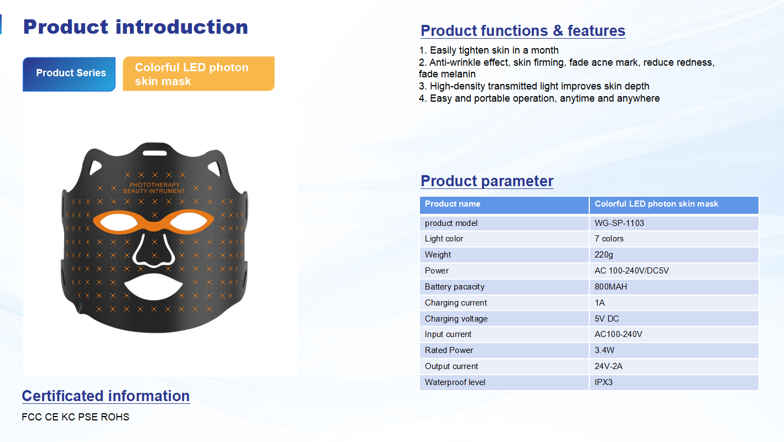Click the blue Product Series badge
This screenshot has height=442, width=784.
tap(69, 74)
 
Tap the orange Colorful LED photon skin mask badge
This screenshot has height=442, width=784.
tap(199, 73)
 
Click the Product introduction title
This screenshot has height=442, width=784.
tap(136, 27)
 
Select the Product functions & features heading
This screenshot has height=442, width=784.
tap(523, 31)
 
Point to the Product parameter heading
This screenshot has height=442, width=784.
tap(487, 181)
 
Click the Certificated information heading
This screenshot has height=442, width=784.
tap(106, 396)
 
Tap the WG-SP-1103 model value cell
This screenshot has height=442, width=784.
tap(674, 223)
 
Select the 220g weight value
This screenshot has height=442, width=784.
tap(604, 255)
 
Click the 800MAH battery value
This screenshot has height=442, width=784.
tap(611, 287)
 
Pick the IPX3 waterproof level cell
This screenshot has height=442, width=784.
tap(674, 382)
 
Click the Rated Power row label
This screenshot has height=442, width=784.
tap(449, 350)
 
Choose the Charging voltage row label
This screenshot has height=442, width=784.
tap(456, 319)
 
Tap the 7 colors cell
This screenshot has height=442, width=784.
tap(674, 239)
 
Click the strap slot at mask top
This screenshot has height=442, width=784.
tap(154, 153)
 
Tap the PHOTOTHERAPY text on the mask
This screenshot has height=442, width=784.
tap(154, 185)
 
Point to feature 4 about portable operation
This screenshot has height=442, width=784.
tap(539, 98)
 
